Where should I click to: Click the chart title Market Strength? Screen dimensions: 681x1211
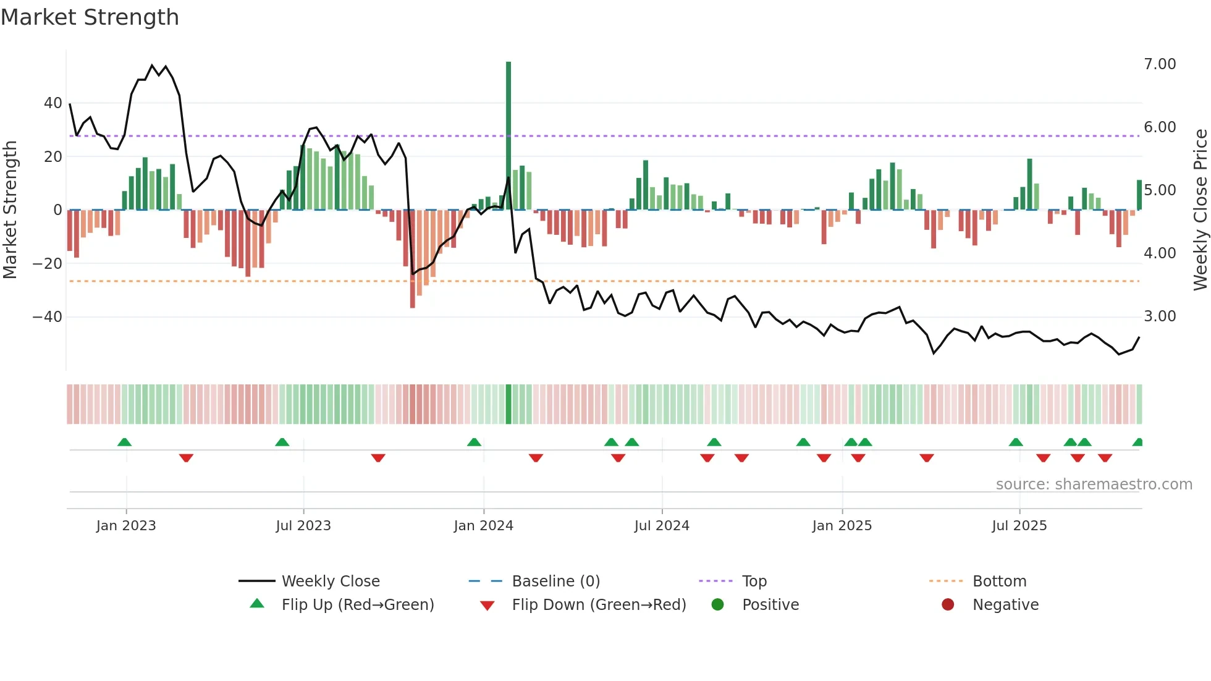pos(90,17)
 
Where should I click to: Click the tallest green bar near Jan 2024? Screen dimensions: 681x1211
pos(508,136)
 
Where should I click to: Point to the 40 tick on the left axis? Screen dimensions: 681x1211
pos(53,103)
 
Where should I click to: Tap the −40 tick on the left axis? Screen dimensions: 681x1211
pos(48,317)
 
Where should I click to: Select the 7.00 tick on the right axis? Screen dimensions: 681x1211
pos(1160,64)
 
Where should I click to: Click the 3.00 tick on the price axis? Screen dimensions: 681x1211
pos(1160,316)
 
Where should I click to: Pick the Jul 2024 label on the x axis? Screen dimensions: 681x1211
pos(662,526)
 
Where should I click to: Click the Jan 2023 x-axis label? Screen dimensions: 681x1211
pos(126,526)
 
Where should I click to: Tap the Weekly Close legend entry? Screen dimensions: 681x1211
pos(331,582)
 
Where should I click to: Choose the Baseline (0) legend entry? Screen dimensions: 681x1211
pos(555,582)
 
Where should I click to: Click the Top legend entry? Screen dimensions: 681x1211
pos(754,582)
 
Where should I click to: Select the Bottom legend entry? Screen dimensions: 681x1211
pos(999,582)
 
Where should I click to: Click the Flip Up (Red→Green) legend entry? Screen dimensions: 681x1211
pos(357,605)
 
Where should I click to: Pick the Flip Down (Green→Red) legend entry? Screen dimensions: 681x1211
pos(599,605)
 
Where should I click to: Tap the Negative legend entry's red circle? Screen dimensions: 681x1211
pos(948,605)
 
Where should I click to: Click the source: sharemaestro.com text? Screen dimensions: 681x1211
pos(1094,484)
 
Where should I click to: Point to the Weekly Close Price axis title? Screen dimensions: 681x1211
pos(1200,210)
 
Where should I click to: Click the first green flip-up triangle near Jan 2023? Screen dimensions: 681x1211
pos(124,442)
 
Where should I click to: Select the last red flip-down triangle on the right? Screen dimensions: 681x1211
pos(1105,458)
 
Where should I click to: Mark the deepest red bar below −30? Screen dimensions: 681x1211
pos(413,260)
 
